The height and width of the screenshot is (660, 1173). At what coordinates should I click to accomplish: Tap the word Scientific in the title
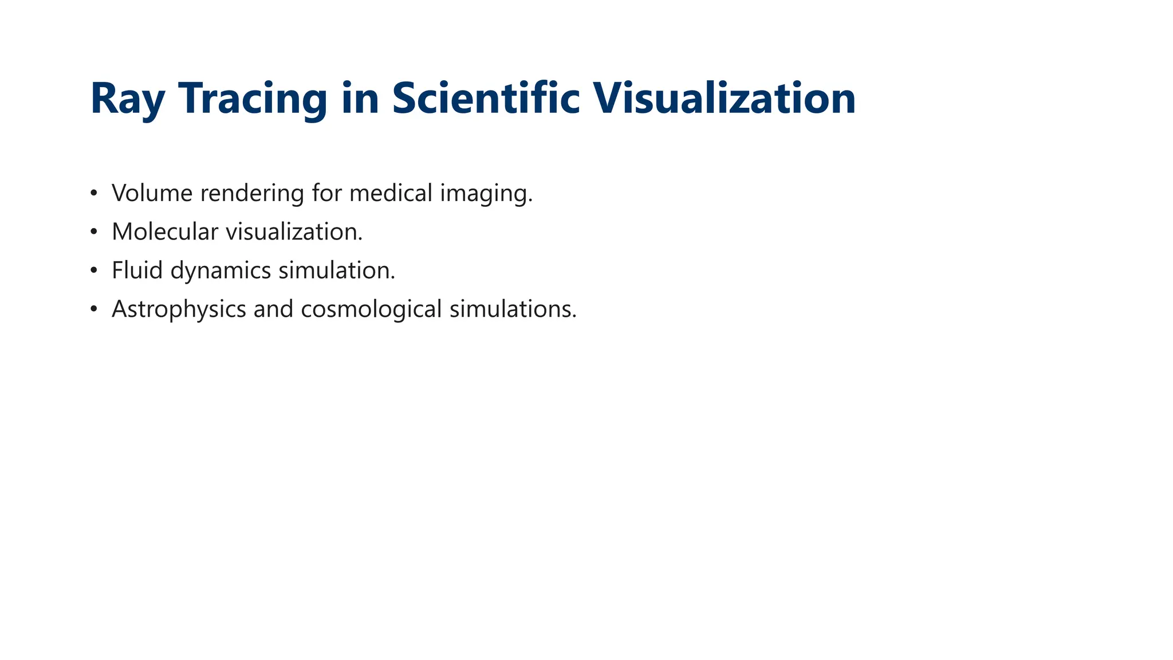[486, 98]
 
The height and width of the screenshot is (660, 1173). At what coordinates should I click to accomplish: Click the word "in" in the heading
[360, 98]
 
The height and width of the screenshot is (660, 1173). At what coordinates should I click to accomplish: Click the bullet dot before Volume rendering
[94, 193]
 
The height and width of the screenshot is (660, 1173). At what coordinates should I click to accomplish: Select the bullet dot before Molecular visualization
[94, 232]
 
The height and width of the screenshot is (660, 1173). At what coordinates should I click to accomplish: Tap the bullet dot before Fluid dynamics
[94, 270]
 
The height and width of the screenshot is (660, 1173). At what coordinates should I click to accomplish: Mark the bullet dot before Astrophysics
[94, 309]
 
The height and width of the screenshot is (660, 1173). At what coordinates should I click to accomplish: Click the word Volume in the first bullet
[152, 193]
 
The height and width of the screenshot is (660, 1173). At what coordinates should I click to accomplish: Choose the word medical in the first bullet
[391, 193]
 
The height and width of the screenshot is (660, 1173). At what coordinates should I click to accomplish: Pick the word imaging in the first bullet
[486, 194]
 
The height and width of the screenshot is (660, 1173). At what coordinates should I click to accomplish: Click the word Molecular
[165, 232]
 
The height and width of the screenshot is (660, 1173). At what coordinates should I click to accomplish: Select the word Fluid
[137, 270]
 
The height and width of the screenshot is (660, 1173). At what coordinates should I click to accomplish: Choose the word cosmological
[371, 310]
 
